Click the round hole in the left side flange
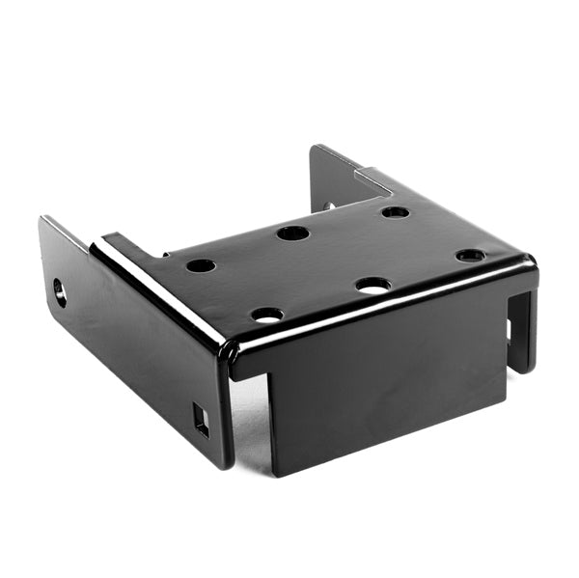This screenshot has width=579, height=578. [60, 290]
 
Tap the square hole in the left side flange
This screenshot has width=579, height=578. [201, 420]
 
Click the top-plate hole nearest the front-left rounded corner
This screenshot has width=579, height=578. [267, 314]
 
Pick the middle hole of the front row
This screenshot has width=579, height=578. [372, 285]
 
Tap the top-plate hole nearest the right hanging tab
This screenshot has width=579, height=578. [471, 256]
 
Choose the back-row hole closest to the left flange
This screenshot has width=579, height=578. [201, 265]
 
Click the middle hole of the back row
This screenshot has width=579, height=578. [292, 233]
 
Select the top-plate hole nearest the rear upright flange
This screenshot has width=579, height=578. [395, 211]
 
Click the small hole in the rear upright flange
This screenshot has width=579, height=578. [328, 206]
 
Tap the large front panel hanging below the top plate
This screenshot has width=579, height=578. [386, 396]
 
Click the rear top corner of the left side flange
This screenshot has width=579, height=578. [43, 221]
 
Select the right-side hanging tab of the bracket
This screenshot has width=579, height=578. [522, 328]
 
